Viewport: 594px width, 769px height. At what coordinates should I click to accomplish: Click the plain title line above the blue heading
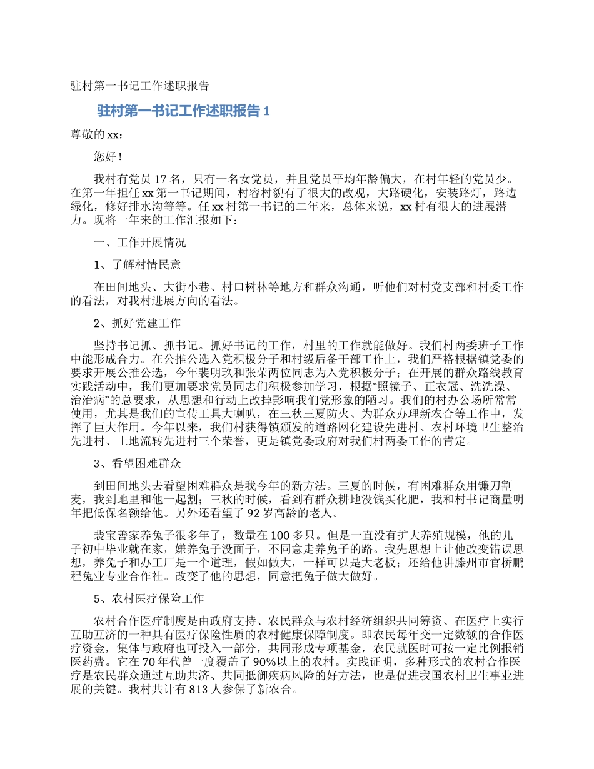(139, 86)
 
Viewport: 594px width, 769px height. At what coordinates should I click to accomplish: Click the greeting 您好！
(108, 157)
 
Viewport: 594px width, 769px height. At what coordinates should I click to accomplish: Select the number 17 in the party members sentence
(159, 179)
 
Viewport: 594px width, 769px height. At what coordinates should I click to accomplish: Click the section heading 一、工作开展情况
(139, 242)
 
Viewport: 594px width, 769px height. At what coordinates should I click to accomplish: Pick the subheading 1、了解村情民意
(137, 264)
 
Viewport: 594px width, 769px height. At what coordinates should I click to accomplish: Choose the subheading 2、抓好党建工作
(137, 323)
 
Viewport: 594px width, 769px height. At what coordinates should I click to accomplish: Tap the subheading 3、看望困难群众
(137, 464)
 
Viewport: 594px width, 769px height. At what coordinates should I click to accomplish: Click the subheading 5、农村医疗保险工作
(149, 598)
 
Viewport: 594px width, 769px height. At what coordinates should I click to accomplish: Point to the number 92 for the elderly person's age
(254, 515)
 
